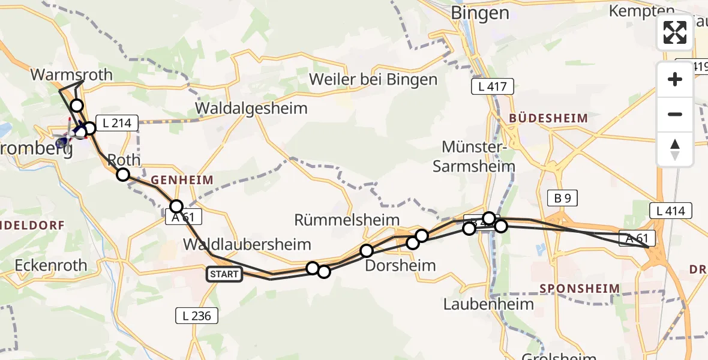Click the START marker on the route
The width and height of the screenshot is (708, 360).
[x=224, y=275]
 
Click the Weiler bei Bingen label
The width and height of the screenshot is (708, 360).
[x=373, y=79]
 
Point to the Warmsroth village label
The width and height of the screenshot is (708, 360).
[x=71, y=75]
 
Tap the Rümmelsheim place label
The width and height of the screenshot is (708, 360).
[x=347, y=220]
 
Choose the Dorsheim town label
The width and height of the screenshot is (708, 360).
[x=400, y=265]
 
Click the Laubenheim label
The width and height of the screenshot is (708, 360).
[x=488, y=304]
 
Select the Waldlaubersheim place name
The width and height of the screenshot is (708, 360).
[x=247, y=244]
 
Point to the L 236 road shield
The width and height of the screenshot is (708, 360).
[x=197, y=316]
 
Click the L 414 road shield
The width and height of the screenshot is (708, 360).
[x=671, y=211]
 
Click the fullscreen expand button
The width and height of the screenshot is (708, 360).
[x=675, y=32]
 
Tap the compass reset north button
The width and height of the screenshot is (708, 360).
[x=675, y=149]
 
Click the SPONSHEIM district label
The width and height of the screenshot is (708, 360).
[x=579, y=289]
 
